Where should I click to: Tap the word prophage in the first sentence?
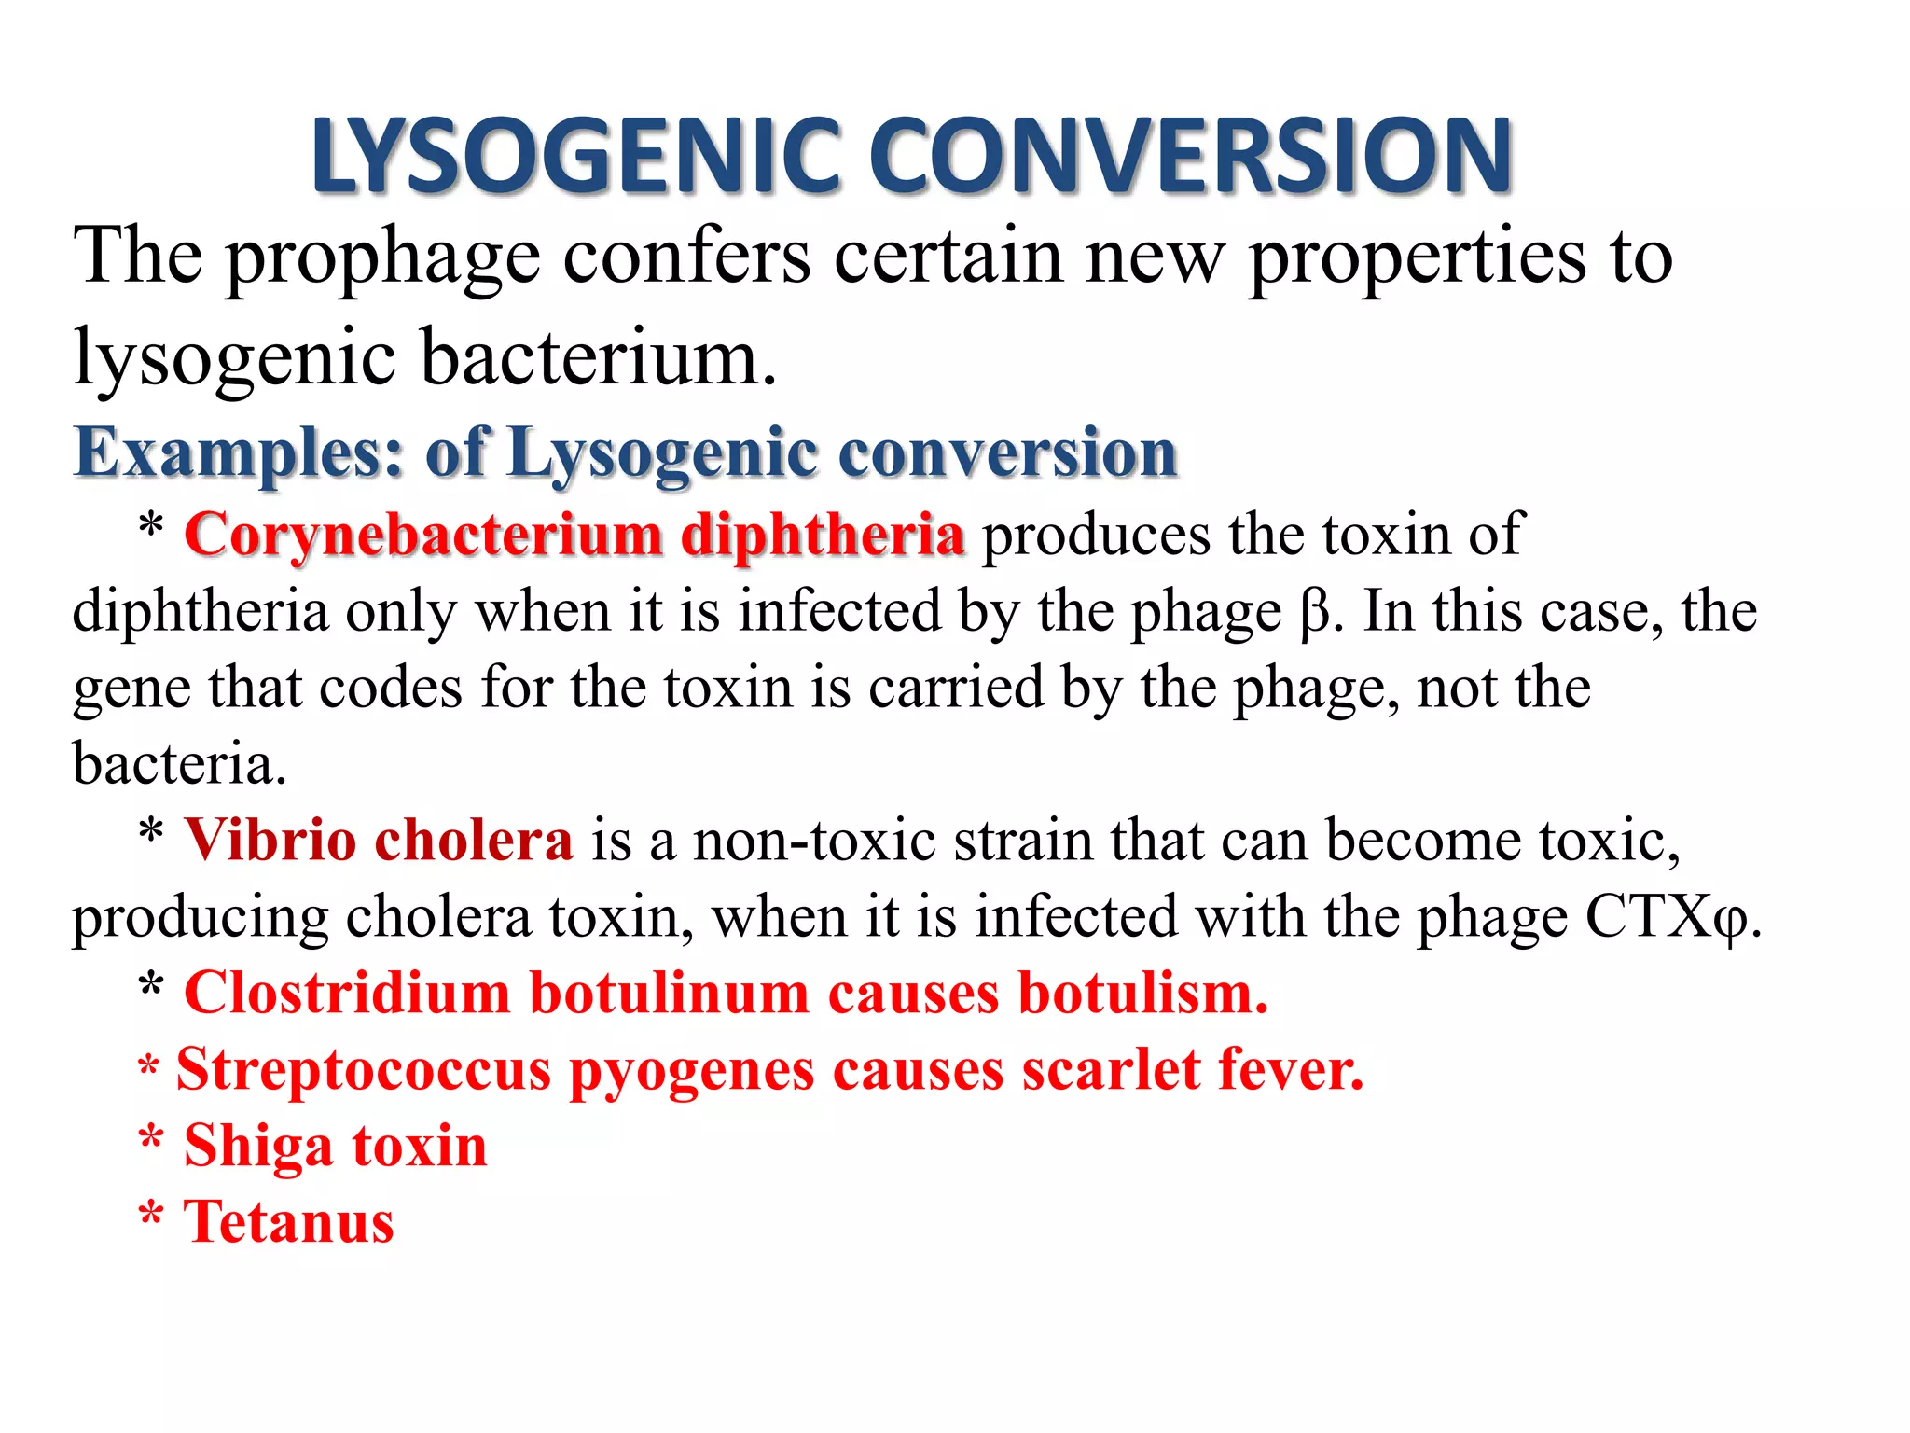(382, 258)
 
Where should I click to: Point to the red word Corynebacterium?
(423, 536)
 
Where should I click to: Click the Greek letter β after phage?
(1314, 614)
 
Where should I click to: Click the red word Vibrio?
(270, 841)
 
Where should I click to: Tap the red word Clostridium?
(347, 993)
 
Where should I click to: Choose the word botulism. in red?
(1142, 993)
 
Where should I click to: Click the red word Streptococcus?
(364, 1070)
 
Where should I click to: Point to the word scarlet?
(1111, 1070)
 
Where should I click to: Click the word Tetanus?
(289, 1222)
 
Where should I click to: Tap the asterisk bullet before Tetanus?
(151, 1217)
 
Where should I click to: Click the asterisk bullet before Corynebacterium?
(151, 528)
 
